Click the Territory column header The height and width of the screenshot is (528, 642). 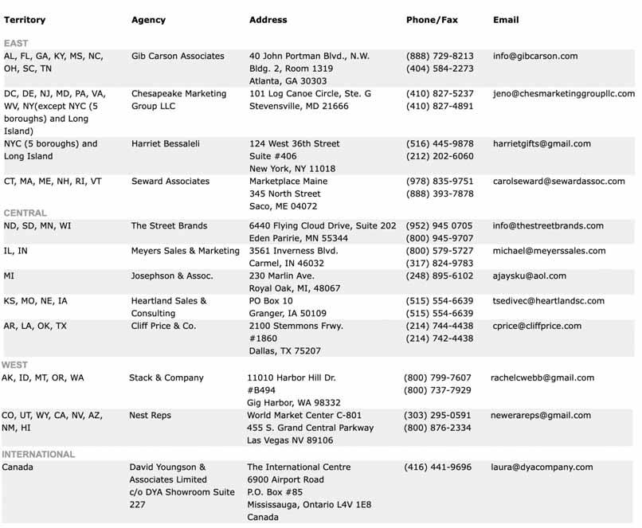[25, 19]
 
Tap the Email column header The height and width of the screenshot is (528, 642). [506, 19]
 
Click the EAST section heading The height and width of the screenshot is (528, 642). [15, 43]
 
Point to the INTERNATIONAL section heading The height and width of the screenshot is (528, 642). [38, 455]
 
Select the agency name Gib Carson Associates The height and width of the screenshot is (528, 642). [178, 57]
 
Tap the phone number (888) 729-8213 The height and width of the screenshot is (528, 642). [440, 57]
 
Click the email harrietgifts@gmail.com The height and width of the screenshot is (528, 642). [542, 144]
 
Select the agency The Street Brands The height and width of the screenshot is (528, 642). [169, 226]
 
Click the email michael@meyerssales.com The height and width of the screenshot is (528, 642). [549, 251]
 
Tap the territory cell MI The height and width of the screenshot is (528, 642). [9, 276]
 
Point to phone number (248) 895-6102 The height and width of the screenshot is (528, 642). [440, 276]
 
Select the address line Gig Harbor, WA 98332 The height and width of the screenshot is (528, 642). [294, 403]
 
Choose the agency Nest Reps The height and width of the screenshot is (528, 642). [150, 416]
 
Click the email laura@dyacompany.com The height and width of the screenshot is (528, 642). [542, 467]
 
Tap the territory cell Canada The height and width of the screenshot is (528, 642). [18, 467]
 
